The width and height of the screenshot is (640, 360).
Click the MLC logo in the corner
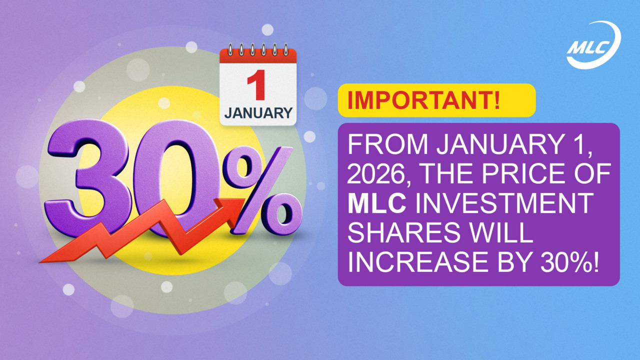(x=593, y=45)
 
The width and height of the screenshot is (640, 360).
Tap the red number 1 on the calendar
(x=257, y=85)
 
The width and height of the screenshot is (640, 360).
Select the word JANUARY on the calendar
(x=258, y=113)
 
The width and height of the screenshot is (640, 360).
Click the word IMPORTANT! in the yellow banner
(x=423, y=100)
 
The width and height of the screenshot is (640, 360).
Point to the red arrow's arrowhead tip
(x=245, y=199)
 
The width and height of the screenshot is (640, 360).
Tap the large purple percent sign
(x=262, y=190)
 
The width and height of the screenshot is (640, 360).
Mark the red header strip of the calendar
(x=258, y=56)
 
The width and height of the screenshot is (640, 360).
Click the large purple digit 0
(x=175, y=178)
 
